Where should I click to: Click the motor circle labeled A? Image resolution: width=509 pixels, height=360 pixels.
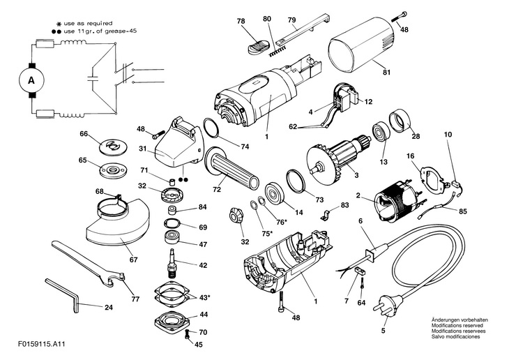point(31,80)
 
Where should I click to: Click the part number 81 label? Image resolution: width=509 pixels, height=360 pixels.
point(386,72)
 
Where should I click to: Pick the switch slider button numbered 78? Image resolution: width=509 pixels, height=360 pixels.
point(257,46)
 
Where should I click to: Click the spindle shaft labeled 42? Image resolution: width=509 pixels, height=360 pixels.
point(173,263)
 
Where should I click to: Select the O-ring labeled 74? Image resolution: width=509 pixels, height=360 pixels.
point(211,128)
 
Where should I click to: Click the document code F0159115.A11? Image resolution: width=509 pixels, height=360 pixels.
point(42,343)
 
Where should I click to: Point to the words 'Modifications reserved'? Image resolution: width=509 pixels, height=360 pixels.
point(457,326)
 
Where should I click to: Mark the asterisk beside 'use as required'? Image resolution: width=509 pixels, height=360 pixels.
point(59,24)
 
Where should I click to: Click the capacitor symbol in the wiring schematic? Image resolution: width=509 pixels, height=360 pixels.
point(93,79)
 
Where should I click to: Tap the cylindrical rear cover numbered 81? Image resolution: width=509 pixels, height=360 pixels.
point(363,47)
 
